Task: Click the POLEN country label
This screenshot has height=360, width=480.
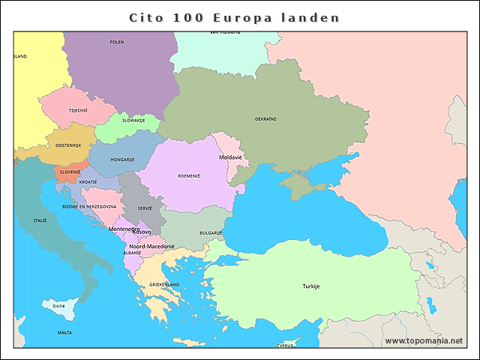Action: click(x=117, y=43)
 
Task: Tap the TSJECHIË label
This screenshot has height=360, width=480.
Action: click(x=78, y=110)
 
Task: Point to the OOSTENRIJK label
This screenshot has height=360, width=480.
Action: click(x=68, y=145)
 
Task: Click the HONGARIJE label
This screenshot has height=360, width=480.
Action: click(x=122, y=160)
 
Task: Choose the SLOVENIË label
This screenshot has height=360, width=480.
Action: click(x=70, y=172)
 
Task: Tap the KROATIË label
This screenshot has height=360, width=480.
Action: click(x=88, y=182)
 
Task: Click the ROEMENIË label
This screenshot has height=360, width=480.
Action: click(x=189, y=176)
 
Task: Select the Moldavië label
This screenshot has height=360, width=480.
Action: click(x=230, y=157)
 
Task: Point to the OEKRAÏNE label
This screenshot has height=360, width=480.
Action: click(x=265, y=119)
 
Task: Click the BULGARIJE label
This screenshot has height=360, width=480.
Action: click(x=211, y=233)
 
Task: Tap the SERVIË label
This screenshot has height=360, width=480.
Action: click(x=145, y=208)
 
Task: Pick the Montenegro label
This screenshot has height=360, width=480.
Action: click(x=123, y=229)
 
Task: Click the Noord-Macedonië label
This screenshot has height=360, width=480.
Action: click(x=151, y=246)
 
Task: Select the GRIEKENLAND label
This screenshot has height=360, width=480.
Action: click(x=164, y=285)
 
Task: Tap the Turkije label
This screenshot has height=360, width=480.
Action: click(x=311, y=286)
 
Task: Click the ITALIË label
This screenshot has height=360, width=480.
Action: click(x=40, y=220)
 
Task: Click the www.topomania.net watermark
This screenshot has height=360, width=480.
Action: click(x=424, y=340)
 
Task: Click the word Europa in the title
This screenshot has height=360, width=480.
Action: click(x=237, y=17)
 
